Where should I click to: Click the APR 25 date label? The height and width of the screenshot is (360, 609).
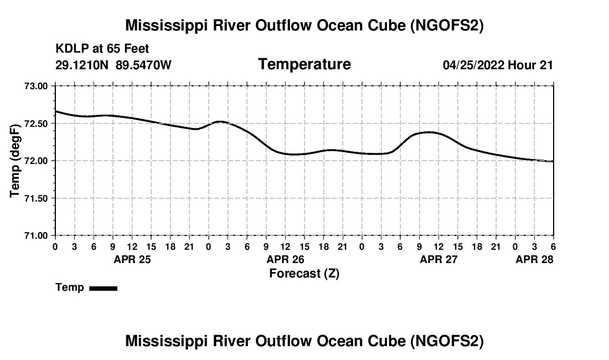click(132, 259)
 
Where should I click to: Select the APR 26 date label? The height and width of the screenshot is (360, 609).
click(286, 259)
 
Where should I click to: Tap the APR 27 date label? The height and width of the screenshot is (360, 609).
click(439, 259)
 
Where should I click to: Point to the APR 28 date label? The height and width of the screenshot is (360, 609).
click(534, 259)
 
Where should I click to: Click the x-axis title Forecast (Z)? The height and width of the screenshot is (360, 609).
click(304, 273)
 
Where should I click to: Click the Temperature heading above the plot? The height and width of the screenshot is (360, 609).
click(304, 64)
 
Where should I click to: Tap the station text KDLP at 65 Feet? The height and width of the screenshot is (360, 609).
click(102, 49)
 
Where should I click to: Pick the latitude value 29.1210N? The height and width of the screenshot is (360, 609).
click(83, 65)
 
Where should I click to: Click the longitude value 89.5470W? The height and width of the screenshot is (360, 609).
click(144, 65)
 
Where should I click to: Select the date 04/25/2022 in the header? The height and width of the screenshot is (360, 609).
click(474, 65)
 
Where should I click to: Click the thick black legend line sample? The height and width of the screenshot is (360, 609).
click(103, 288)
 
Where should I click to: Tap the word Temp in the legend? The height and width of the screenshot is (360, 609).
click(70, 287)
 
